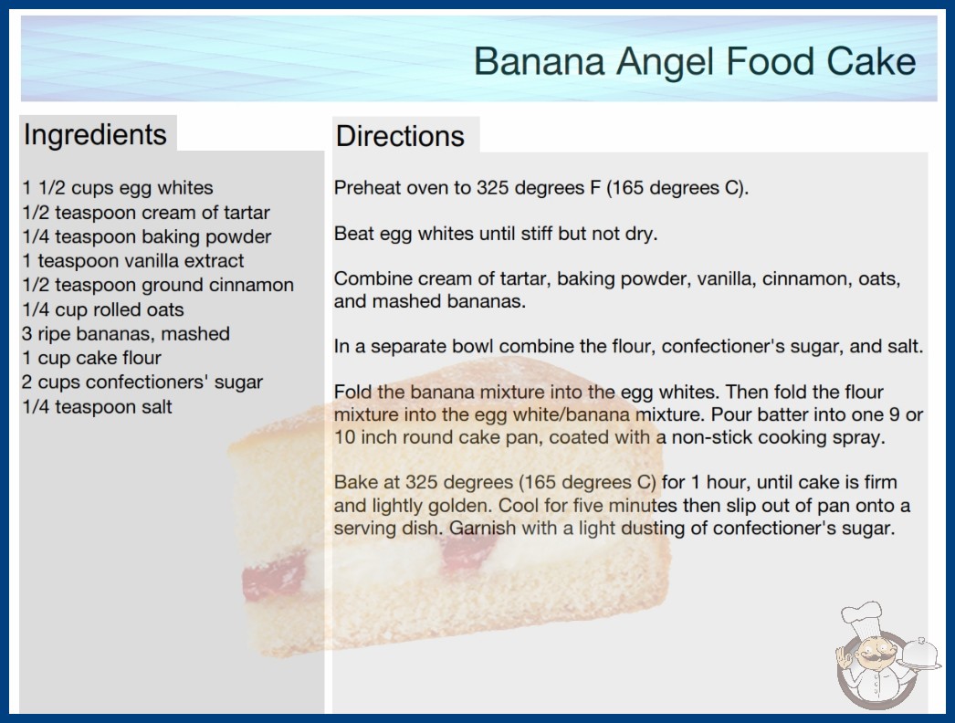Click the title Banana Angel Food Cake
coord(695,61)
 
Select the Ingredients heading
coord(95,135)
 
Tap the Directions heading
coord(400,136)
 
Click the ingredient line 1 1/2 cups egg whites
coord(118,188)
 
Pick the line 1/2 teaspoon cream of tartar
coord(145,213)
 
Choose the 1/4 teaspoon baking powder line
coord(147,237)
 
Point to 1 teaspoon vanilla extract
coord(132,261)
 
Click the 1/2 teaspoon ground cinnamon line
coord(158,285)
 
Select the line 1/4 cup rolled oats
coord(103,309)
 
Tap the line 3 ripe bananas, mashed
coord(125,334)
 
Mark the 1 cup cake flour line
coord(91,358)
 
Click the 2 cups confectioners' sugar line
coord(142,382)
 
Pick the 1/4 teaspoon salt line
coord(97,407)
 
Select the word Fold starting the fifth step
coord(353,392)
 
